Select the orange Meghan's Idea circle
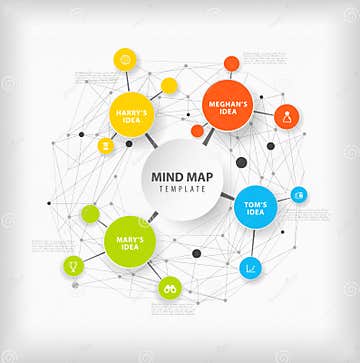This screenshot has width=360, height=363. pos(227,103)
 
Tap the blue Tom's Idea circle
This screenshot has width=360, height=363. pos(255,208)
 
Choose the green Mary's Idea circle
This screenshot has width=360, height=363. pos(130,241)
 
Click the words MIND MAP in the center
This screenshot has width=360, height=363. pos(180,177)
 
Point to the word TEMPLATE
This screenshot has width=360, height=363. pos(180,189)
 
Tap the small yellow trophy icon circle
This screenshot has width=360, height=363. pos(106,145)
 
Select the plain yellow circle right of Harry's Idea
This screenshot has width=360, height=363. pos(169,86)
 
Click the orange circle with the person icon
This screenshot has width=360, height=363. pos(287,117)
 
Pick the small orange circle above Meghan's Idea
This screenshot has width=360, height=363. pos(231,64)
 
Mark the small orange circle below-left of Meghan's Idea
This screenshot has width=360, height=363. pos(198,131)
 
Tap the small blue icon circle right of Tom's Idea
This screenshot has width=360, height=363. pos(299,194)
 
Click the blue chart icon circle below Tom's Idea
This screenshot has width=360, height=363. pos(250,268)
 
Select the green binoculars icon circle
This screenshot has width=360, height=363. pos(170,288)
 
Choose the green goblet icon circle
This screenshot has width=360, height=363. pos(73,266)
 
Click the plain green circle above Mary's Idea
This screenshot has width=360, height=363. pos(90,213)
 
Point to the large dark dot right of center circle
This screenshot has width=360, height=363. pos(241,162)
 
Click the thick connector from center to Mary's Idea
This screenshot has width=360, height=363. pos(153,216)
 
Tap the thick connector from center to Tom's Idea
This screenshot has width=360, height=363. pos(227,195)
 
